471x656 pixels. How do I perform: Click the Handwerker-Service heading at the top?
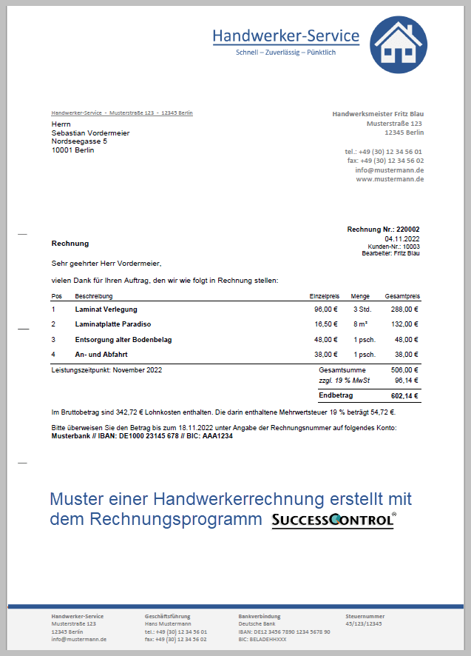(x=285, y=36)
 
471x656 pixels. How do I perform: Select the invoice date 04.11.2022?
(x=402, y=238)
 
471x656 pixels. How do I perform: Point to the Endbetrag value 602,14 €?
(x=405, y=396)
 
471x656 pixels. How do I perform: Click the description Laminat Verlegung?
(x=106, y=309)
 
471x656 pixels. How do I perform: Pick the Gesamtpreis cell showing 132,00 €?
(x=405, y=324)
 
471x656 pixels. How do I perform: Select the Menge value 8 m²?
(x=360, y=324)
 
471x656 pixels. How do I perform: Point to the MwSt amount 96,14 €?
(x=405, y=380)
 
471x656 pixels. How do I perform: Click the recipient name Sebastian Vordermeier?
(x=90, y=133)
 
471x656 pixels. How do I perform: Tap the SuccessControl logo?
(x=333, y=520)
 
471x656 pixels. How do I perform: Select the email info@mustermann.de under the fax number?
(x=389, y=170)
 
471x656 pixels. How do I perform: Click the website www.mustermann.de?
(x=390, y=178)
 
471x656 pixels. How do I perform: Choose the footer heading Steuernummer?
(x=365, y=616)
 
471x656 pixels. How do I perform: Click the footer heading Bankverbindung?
(x=259, y=616)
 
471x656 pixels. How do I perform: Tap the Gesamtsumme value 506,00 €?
(x=405, y=369)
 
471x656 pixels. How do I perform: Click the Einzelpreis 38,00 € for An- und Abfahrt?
(x=326, y=354)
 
